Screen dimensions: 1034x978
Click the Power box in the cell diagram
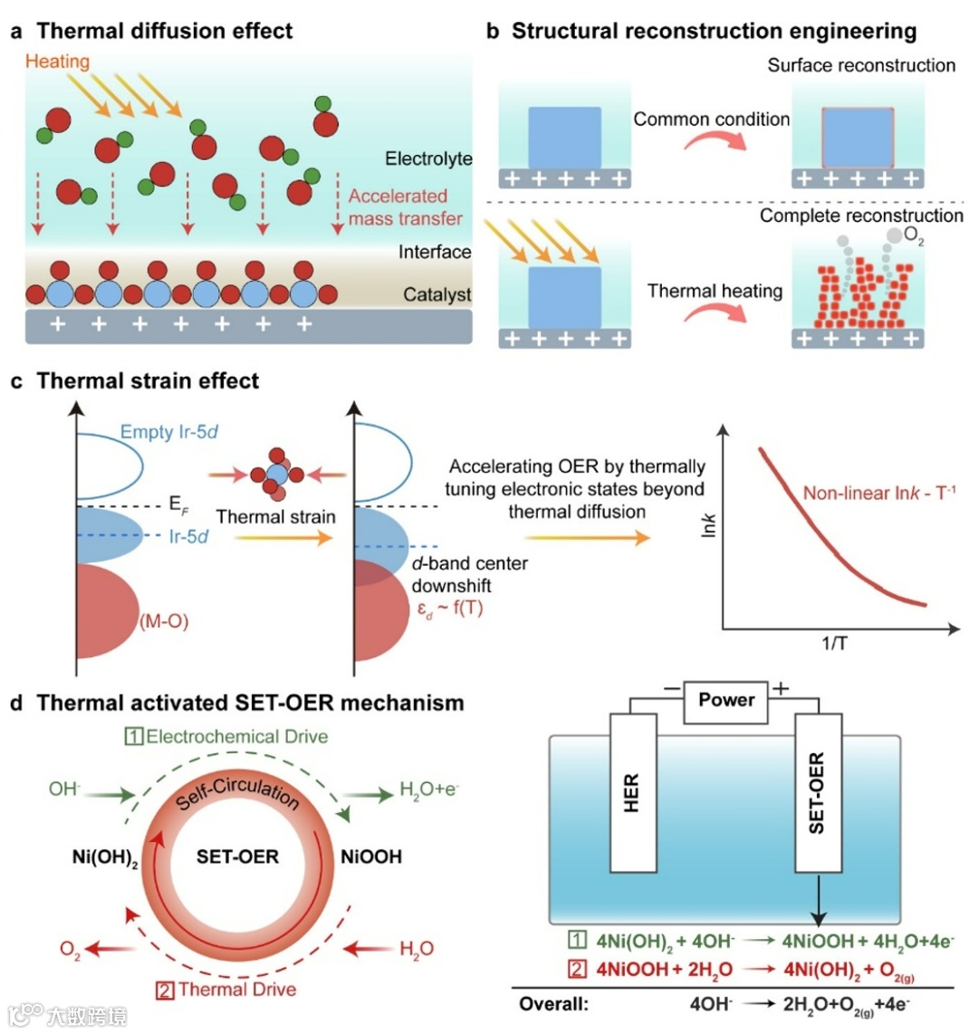click(726, 700)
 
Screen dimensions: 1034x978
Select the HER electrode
click(632, 792)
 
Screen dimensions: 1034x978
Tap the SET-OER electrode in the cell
click(817, 792)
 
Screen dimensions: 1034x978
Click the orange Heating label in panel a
click(57, 62)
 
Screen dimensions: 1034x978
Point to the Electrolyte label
click(428, 158)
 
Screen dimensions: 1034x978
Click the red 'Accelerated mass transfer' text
click(405, 207)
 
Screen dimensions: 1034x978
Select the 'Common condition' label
click(711, 119)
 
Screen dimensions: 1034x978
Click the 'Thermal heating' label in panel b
click(714, 291)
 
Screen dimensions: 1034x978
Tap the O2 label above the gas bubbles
click(914, 236)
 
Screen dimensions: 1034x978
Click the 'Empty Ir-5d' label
click(169, 432)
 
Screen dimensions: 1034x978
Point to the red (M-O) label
click(164, 621)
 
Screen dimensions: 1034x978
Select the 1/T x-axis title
click(834, 644)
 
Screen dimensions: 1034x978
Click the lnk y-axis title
click(709, 525)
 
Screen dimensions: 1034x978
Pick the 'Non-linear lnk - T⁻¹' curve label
click(879, 493)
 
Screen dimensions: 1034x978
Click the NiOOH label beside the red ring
click(371, 857)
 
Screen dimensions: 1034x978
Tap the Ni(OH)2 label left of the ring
click(105, 857)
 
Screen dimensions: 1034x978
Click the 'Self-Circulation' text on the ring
click(237, 794)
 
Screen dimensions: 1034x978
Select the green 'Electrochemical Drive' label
click(227, 736)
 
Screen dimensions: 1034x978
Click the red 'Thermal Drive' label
click(227, 990)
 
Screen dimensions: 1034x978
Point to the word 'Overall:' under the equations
click(554, 1003)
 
